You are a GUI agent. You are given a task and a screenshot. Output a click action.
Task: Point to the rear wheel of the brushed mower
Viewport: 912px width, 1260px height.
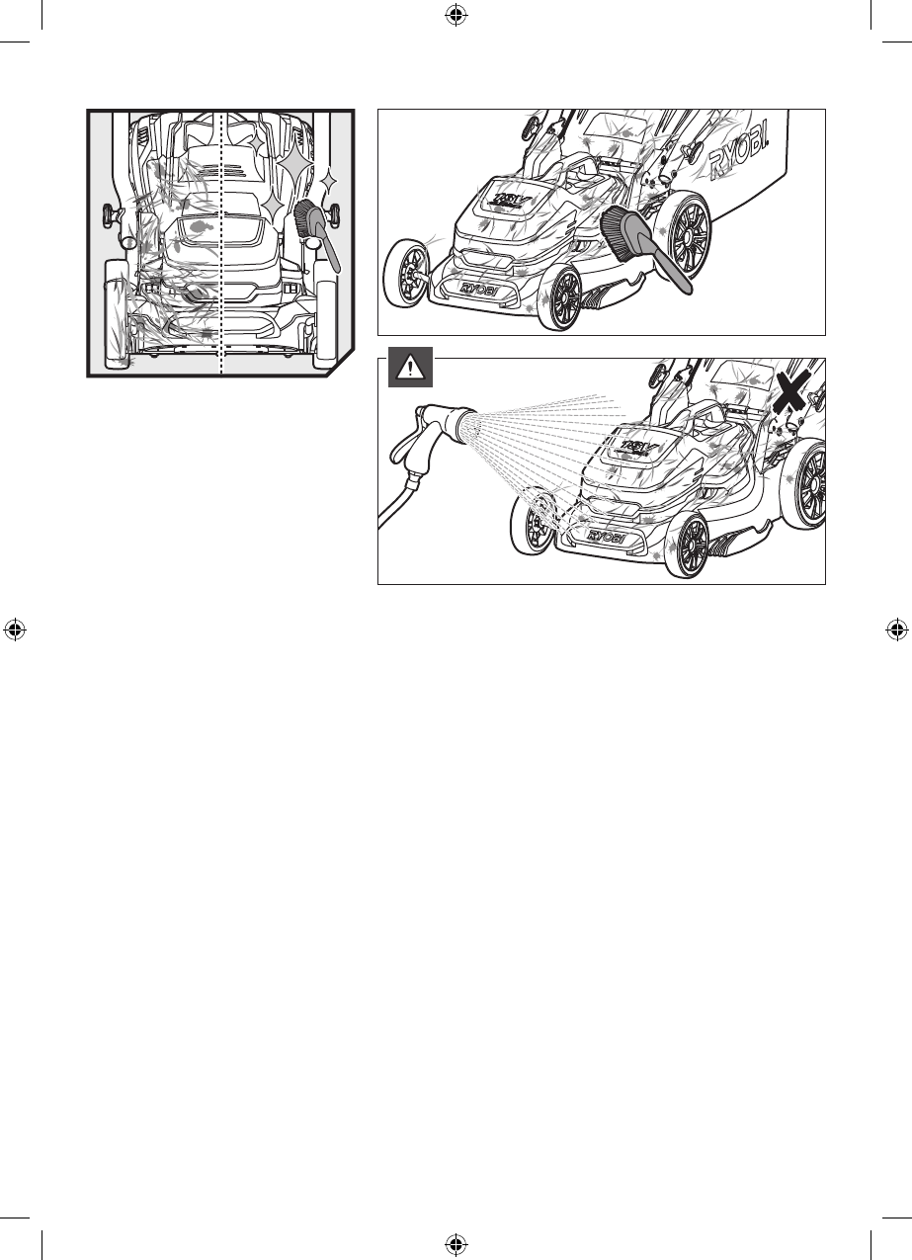click(x=689, y=233)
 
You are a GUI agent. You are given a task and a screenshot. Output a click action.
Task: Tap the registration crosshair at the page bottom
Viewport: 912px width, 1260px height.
click(x=456, y=1243)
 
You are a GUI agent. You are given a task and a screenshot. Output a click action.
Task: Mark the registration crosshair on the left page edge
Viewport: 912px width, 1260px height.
click(x=15, y=629)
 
